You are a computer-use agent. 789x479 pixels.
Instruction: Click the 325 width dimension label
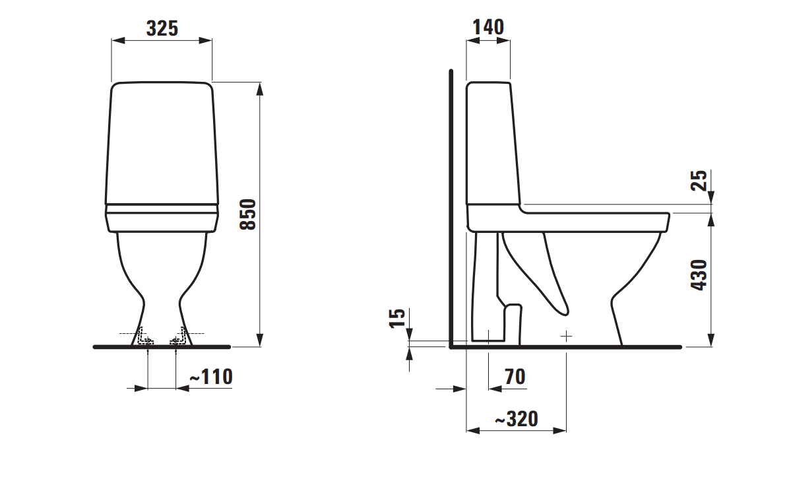click(162, 28)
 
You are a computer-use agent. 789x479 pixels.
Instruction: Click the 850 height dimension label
click(247, 214)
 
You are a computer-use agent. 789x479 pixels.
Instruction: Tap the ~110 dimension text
click(211, 377)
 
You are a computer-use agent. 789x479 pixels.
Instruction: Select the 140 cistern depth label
click(488, 27)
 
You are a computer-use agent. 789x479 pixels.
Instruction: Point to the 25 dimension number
click(700, 180)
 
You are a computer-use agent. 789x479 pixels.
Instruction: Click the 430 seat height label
click(700, 275)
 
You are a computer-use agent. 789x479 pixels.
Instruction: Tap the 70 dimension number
click(515, 377)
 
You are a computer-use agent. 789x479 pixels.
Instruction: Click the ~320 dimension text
click(516, 419)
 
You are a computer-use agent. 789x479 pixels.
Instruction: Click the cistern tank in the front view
click(162, 142)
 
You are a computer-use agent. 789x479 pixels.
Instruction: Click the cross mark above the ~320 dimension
click(566, 336)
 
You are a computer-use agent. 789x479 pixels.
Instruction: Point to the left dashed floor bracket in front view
click(143, 338)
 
